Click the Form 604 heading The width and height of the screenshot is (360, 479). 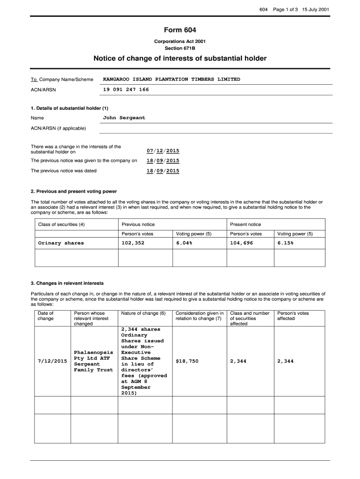[x=180, y=30]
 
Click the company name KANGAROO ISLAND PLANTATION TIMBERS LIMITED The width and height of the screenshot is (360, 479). [x=171, y=79]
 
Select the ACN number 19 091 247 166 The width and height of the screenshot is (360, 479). [x=126, y=89]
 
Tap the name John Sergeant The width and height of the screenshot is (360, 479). [x=124, y=118]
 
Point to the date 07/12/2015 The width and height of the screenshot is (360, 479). [x=163, y=151]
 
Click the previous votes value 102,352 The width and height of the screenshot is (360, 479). [x=133, y=243]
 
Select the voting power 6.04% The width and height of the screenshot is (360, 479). [x=184, y=243]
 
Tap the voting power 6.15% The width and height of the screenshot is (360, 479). [x=285, y=243]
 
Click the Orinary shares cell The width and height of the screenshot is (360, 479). [x=61, y=243]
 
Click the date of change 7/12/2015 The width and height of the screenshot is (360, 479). [x=52, y=361]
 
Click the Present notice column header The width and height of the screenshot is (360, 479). [x=245, y=225]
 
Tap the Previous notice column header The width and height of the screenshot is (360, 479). [x=138, y=225]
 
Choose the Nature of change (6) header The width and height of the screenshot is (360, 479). [x=144, y=313]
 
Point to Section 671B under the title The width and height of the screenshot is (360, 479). [x=180, y=48]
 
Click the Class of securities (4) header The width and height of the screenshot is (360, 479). [x=61, y=225]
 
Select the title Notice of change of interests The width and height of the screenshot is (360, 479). [x=180, y=58]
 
